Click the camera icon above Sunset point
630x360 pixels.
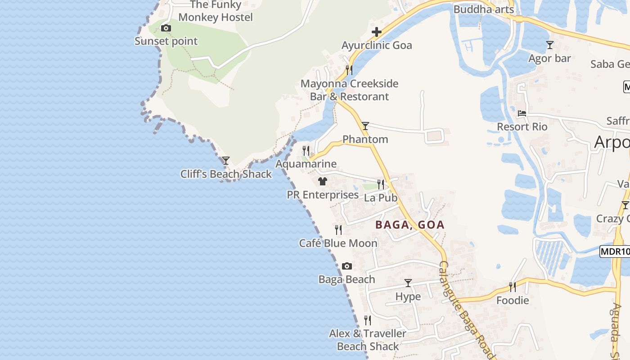coord(166,28)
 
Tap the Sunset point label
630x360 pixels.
coord(166,41)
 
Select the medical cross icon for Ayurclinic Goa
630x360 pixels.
coord(377,32)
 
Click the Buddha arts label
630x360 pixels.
coord(483,9)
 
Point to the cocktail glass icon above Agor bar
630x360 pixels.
coord(549,45)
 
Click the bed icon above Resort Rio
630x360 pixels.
coord(522,113)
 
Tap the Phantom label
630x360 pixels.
coord(365,139)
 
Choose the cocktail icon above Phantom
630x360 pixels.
coord(365,126)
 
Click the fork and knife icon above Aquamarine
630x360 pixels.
coord(306,150)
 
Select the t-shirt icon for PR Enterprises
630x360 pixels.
coord(322,181)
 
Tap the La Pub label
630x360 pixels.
coord(381,198)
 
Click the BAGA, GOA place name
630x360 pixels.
coord(410,225)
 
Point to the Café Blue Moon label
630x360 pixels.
coord(338,243)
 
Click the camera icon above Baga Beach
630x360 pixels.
coord(346,266)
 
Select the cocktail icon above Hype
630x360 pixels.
coord(408,283)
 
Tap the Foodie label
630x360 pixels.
coord(513,300)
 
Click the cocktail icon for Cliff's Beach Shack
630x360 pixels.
coord(226,161)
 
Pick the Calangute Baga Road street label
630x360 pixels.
coord(468,310)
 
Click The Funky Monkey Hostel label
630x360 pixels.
coord(216,11)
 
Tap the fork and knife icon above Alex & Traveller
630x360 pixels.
coord(368,320)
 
